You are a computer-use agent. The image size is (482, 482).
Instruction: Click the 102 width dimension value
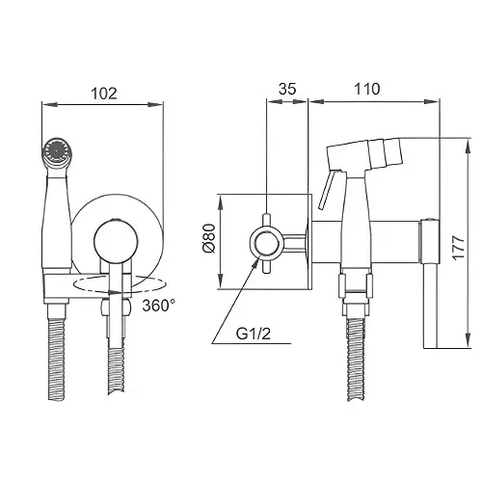[x=104, y=94]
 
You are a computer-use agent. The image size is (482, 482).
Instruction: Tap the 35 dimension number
[x=287, y=89]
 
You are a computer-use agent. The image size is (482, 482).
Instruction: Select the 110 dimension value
[x=367, y=89]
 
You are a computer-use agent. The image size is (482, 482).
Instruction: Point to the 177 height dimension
[x=458, y=247]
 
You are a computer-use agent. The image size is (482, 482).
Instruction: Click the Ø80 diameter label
[x=209, y=238]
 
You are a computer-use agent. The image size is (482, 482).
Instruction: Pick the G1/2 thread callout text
[x=254, y=335]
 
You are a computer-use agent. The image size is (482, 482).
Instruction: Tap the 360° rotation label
[x=159, y=306]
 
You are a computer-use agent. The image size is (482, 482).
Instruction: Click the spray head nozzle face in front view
[x=58, y=150]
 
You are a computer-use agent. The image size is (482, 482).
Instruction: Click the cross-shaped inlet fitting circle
[x=267, y=243]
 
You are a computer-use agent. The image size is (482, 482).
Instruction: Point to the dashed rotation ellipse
[x=120, y=284]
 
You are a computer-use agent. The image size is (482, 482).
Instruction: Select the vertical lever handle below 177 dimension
[x=431, y=306]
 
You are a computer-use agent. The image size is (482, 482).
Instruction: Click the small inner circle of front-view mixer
[x=116, y=242]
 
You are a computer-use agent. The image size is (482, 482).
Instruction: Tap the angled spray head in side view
[x=364, y=154]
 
